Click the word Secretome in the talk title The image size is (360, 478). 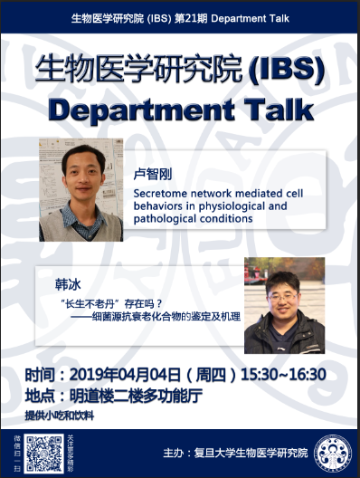coord(157,193)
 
